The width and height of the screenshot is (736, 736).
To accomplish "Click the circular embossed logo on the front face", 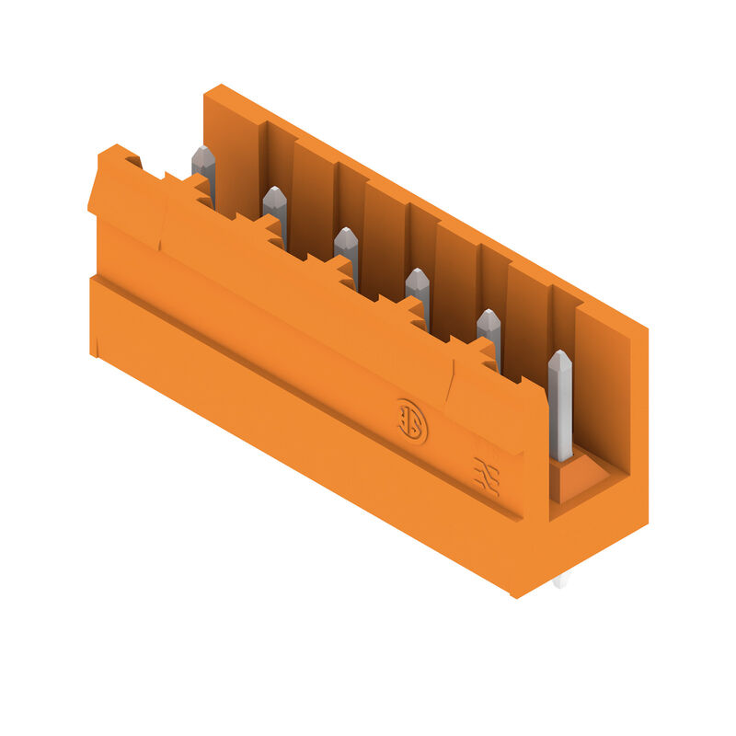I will pos(411,421).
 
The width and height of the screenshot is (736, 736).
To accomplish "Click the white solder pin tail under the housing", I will pos(560,581).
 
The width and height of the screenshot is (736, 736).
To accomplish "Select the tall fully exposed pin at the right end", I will pos(559,405).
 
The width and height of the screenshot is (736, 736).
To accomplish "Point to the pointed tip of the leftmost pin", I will pos(203,153).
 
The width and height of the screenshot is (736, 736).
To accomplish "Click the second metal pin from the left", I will pos(275,210).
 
